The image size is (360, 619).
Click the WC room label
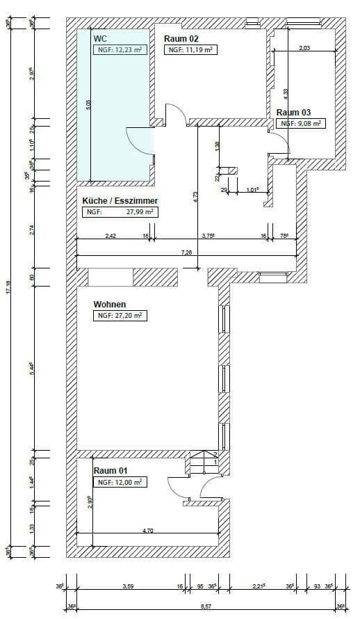tap(100, 38)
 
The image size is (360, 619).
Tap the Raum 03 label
tap(293, 113)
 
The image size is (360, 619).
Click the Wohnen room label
tap(110, 305)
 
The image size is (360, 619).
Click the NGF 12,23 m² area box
tap(119, 50)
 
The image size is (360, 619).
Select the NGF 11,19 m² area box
tap(190, 50)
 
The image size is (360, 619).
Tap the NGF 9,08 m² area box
tap(300, 124)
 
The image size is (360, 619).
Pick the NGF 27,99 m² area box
tap(120, 212)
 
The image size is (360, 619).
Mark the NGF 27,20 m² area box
tap(120, 316)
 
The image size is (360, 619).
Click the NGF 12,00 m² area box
tap(120, 482)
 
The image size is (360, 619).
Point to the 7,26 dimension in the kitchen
tap(187, 252)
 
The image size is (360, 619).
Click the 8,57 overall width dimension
tap(207, 606)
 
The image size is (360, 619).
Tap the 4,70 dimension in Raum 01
tap(148, 531)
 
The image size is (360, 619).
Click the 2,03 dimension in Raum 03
tap(304, 48)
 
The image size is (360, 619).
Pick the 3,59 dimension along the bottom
tap(128, 587)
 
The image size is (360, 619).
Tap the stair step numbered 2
tap(215, 454)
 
